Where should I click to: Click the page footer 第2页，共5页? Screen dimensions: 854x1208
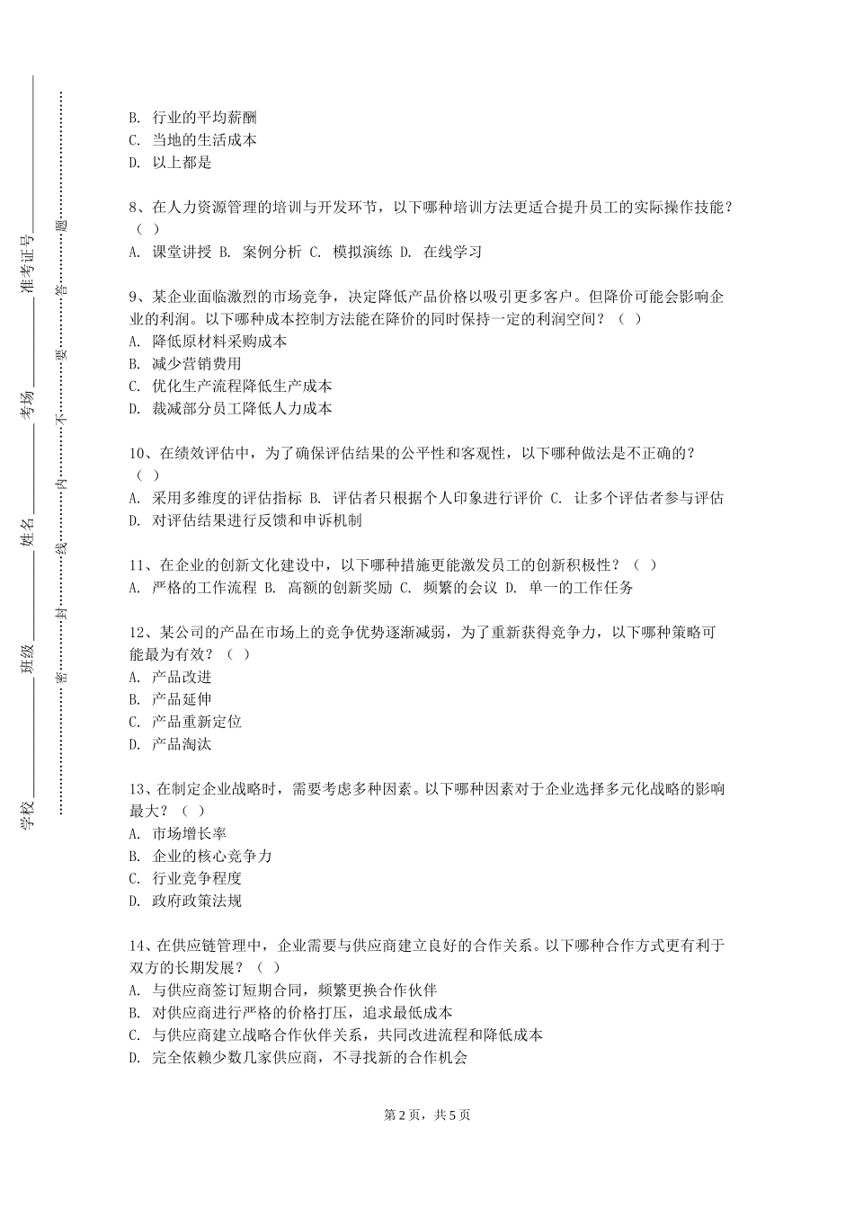click(427, 1115)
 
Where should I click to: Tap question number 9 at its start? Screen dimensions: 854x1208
click(137, 297)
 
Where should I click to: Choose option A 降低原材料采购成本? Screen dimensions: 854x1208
click(209, 342)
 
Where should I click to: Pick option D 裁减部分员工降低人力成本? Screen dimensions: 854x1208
click(231, 408)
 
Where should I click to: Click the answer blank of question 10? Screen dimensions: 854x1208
click(148, 475)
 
